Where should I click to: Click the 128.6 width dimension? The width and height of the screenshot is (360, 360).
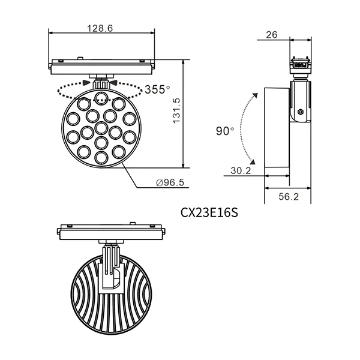click(101, 28)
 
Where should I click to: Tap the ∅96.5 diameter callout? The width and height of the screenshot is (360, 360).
click(170, 183)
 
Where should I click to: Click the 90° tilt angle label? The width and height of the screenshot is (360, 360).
click(226, 131)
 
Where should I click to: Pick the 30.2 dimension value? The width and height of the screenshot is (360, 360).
click(241, 171)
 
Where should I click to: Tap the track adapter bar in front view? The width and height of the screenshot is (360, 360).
click(101, 63)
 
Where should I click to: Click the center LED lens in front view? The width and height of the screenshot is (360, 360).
click(101, 130)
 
